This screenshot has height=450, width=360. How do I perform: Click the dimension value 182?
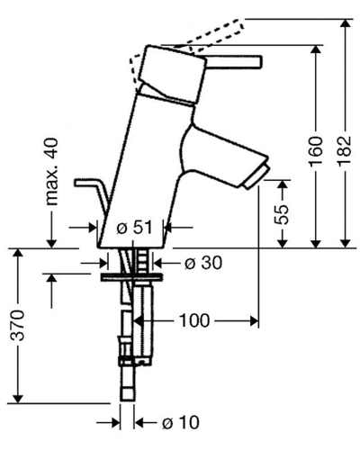click(346, 151)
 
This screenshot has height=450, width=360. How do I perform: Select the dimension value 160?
click(316, 151)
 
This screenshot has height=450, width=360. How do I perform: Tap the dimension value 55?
click(282, 214)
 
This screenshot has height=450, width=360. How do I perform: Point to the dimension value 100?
click(194, 320)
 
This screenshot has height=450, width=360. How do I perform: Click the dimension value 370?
click(17, 326)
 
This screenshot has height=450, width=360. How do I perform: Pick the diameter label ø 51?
click(134, 228)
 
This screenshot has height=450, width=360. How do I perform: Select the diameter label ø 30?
click(203, 263)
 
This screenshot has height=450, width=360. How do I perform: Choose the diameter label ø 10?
click(181, 423)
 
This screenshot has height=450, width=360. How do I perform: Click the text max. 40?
click(51, 172)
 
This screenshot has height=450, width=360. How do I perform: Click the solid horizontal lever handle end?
click(258, 61)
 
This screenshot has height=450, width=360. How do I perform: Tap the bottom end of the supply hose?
click(128, 400)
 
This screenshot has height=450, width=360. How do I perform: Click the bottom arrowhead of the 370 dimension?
click(18, 398)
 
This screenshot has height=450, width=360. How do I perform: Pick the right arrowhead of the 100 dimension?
click(254, 321)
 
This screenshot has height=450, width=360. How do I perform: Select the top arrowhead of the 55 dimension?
click(283, 184)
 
